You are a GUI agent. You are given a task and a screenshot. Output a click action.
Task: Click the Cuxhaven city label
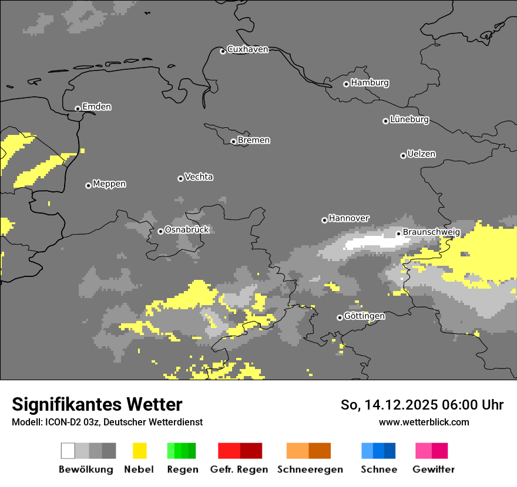click(247, 49)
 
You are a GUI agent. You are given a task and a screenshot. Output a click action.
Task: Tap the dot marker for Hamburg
click(346, 84)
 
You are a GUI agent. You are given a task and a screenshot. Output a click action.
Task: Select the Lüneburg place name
click(409, 119)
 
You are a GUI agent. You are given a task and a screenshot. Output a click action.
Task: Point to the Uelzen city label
click(421, 154)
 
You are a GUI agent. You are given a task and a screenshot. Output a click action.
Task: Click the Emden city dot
click(78, 109)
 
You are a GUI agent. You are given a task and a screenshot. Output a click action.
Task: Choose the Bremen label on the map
click(254, 140)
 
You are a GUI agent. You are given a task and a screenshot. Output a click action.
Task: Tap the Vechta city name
click(199, 177)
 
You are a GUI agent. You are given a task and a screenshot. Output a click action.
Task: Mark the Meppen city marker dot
click(88, 185)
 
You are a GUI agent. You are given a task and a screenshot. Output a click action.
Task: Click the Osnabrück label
click(187, 230)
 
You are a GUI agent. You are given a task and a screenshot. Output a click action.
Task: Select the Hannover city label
click(349, 218)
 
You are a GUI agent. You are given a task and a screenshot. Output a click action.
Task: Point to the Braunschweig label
click(431, 232)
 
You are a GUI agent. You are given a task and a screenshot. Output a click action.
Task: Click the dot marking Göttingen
click(340, 317)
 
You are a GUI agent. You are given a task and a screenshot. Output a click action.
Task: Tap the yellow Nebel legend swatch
click(139, 451)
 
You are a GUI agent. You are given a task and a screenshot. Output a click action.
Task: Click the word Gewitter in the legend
click(434, 469)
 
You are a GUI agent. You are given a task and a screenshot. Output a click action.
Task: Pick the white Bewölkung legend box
click(68, 451)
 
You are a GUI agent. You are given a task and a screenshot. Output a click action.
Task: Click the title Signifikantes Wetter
click(97, 404)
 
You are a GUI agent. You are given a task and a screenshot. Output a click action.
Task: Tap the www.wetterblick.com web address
click(424, 422)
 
